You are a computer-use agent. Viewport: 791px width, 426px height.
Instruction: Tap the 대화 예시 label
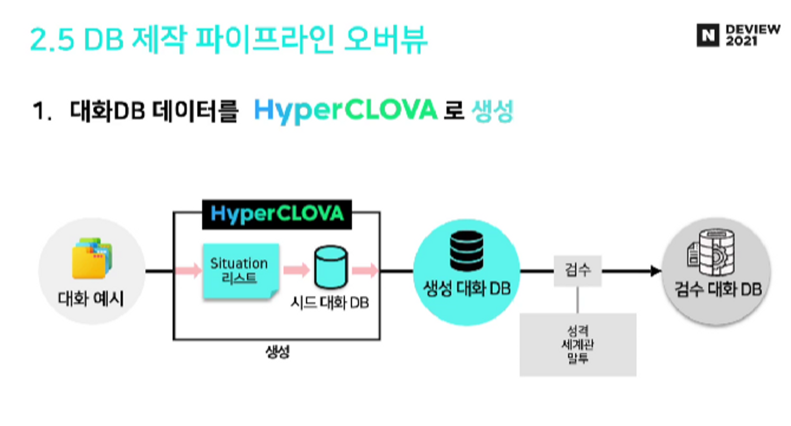click(x=91, y=298)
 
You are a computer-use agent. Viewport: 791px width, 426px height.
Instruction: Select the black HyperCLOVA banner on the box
click(x=277, y=214)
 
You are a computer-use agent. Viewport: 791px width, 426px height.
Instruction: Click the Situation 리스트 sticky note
click(x=240, y=271)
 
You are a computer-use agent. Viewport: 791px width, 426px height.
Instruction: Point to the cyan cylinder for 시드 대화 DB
click(x=331, y=268)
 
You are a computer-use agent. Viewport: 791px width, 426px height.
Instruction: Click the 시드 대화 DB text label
click(x=330, y=303)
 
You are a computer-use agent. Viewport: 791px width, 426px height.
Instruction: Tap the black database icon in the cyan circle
click(x=467, y=251)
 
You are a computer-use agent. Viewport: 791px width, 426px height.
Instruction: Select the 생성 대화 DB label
click(x=467, y=288)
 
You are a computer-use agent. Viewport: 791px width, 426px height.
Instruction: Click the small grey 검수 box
click(x=577, y=271)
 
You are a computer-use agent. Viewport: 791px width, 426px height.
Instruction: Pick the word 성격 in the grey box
click(x=578, y=330)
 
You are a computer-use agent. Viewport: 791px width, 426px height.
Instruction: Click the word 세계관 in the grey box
click(x=578, y=345)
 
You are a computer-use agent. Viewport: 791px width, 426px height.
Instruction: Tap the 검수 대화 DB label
click(x=718, y=289)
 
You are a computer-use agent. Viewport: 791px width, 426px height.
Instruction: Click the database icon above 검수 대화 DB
click(x=712, y=252)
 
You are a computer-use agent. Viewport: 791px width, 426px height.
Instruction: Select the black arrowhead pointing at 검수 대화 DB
click(x=655, y=271)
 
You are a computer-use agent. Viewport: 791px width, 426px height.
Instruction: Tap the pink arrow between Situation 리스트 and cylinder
click(x=296, y=270)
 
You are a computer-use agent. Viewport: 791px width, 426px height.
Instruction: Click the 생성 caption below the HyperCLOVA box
click(x=278, y=351)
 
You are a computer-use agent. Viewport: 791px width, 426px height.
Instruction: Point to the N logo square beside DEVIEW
click(x=708, y=36)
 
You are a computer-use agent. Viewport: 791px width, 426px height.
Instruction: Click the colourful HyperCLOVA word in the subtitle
click(x=346, y=110)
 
